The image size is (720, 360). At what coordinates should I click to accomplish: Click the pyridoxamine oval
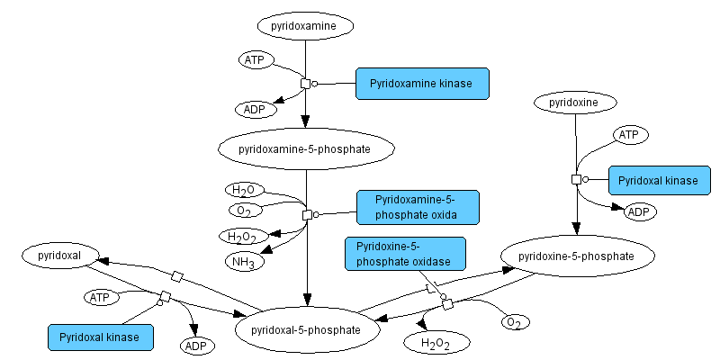(303, 26)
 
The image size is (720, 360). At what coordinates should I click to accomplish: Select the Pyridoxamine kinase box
(421, 84)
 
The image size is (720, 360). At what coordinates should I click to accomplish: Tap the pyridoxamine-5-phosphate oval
(304, 148)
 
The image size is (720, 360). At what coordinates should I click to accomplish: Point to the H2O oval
(243, 191)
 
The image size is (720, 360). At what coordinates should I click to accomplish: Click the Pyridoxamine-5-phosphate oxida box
(417, 207)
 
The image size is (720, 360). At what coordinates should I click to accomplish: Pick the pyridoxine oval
(574, 103)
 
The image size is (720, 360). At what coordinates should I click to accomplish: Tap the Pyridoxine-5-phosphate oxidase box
(404, 253)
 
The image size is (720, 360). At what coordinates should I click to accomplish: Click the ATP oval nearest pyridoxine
(630, 135)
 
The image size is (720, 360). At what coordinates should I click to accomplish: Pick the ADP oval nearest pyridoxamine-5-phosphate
(255, 110)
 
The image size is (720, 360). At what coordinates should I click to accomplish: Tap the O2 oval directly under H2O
(244, 211)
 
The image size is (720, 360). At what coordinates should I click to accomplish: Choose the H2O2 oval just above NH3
(243, 237)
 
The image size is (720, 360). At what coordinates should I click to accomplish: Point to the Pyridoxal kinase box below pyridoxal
(100, 337)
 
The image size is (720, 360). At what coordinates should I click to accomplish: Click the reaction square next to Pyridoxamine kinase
(305, 84)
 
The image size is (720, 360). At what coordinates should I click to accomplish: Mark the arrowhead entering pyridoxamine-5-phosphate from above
(305, 123)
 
